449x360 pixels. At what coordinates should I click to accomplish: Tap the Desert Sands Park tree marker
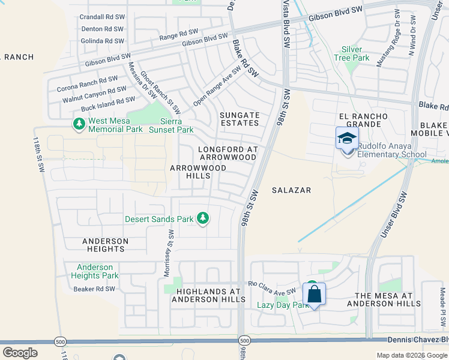203,218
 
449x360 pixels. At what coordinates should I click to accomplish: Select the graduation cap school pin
348,139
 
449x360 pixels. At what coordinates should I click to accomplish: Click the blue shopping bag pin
314,295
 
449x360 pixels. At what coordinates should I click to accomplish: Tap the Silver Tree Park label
355,53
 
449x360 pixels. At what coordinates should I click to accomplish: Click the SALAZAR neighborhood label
291,190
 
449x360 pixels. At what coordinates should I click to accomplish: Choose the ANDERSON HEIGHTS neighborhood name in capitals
105,245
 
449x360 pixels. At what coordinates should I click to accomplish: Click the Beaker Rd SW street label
93,289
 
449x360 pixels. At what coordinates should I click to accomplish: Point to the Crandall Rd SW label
102,17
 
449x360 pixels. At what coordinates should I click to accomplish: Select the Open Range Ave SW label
217,86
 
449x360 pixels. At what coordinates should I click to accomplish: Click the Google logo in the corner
20,353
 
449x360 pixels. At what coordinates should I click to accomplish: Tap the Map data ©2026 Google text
412,355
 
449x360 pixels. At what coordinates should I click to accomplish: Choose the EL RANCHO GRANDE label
360,120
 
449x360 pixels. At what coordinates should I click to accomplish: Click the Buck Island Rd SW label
108,104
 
